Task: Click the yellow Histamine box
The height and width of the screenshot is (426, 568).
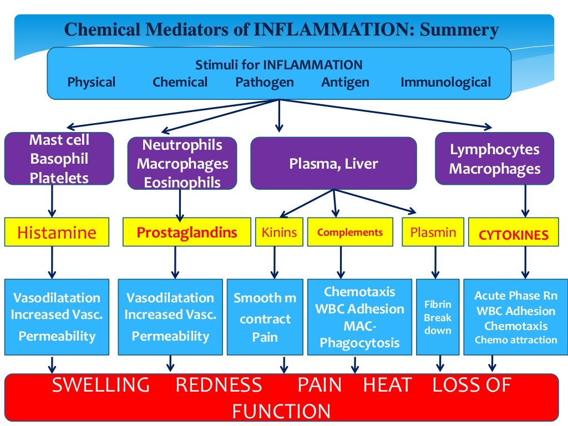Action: tap(57, 232)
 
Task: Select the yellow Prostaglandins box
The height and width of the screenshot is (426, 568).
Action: tap(186, 232)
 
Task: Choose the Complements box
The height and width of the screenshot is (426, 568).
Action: tap(350, 232)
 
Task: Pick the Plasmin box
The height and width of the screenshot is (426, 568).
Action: tap(433, 232)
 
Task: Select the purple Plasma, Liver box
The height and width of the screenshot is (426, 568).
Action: tap(333, 164)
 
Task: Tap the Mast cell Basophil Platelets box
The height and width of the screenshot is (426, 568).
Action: tap(59, 159)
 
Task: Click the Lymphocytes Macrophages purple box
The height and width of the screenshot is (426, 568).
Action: tap(494, 159)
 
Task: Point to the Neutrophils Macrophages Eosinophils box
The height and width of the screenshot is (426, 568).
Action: tap(182, 164)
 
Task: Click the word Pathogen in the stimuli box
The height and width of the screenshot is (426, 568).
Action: tap(265, 83)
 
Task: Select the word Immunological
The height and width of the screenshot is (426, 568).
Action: tap(445, 83)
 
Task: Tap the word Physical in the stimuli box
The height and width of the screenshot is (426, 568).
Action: tap(92, 83)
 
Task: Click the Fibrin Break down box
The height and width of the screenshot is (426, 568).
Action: tap(438, 317)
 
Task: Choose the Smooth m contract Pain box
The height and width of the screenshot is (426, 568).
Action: tap(265, 317)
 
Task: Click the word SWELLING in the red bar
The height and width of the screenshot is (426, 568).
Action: tap(101, 385)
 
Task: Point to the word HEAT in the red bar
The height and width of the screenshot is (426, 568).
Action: tap(388, 385)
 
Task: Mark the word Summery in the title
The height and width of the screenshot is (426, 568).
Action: tap(459, 29)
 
